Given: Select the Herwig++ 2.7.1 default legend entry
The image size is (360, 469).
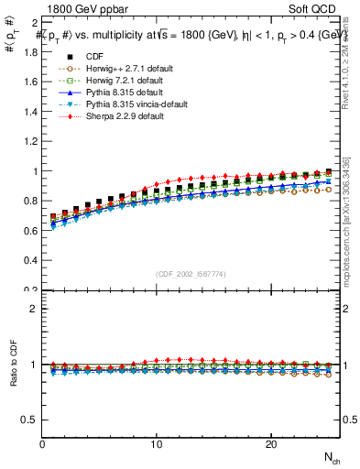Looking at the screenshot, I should click(115, 68).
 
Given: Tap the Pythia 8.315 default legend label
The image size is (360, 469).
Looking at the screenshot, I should click(111, 92).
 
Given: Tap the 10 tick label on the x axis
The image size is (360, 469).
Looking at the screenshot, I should click(157, 443).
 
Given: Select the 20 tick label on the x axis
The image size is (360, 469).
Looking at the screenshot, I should click(270, 443).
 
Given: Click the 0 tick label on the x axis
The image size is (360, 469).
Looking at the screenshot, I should click(43, 443).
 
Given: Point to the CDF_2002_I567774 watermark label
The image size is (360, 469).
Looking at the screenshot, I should click(192, 274).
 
